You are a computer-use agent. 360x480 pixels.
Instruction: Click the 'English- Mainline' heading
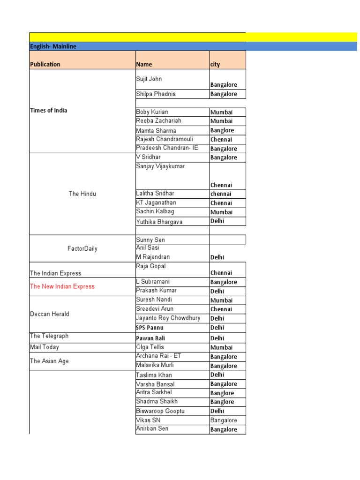coord(53,46)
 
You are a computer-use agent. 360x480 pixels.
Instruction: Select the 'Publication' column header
coord(45,64)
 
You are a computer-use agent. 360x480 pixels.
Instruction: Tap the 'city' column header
coord(215,64)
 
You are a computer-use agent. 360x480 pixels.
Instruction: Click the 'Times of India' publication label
coord(48,111)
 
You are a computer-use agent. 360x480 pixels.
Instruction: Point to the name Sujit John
coord(149,79)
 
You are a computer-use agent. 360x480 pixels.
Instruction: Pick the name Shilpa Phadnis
coord(156,94)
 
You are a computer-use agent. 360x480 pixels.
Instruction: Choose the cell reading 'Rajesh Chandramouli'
coord(164,139)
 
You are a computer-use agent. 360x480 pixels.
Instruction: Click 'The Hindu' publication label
coord(82,194)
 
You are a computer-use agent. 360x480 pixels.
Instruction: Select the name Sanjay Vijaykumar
coord(160,166)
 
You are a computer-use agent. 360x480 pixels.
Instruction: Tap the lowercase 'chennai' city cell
coord(221,194)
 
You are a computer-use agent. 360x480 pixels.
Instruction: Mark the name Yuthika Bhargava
coord(159,222)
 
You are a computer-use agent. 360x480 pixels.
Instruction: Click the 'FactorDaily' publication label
coord(82,248)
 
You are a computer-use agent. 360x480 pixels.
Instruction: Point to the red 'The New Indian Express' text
coord(62,286)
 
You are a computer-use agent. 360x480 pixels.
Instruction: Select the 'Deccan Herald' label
coord(49,314)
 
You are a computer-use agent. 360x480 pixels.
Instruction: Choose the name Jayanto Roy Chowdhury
coord(168,318)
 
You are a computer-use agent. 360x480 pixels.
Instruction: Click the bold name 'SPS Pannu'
coord(150,328)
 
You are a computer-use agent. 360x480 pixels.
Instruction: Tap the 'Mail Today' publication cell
coord(45,347)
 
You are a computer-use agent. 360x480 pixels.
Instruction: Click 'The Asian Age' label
coord(49,361)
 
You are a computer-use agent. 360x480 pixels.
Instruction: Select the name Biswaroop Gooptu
coord(160,411)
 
